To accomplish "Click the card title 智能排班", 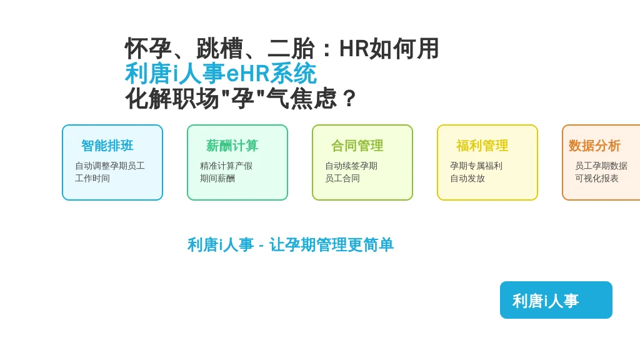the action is (107, 146).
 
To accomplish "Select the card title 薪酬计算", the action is (232, 146).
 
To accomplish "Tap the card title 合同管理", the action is (357, 146).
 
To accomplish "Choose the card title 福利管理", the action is (482, 146).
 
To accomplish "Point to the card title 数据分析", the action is (595, 146).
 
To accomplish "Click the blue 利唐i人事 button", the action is (556, 300).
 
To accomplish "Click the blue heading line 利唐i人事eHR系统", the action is (221, 74).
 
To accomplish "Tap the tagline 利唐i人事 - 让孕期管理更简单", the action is (291, 245).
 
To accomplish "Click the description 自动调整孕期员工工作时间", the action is (110, 172).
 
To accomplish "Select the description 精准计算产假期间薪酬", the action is (226, 172).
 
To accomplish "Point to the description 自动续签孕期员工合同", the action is (351, 172).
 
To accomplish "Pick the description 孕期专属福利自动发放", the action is (476, 172).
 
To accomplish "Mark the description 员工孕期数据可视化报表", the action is (601, 172).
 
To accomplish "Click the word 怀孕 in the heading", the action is (148, 49).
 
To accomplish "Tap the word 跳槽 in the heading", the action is (219, 49).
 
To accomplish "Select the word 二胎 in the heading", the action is (291, 49).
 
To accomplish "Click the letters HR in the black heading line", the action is (354, 49).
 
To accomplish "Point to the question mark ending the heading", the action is (349, 98).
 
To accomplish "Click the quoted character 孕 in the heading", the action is (243, 98).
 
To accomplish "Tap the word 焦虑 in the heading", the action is (314, 98).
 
